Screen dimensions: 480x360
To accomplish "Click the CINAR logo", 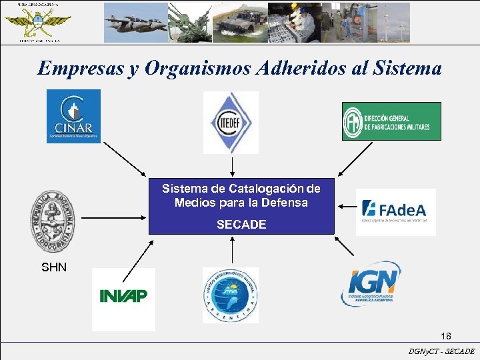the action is click(x=73, y=116).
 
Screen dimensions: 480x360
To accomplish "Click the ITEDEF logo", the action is click(x=231, y=123).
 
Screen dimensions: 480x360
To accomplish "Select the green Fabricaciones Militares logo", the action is click(x=391, y=121).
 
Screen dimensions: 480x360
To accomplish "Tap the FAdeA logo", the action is click(x=395, y=211).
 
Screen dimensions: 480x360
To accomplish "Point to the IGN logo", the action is click(x=371, y=284).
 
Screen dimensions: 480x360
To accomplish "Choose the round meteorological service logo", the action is click(x=230, y=295).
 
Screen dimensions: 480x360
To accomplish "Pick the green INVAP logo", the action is click(x=123, y=295).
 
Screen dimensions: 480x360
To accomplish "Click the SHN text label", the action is click(x=54, y=268).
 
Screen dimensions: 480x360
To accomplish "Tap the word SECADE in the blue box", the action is click(x=241, y=225).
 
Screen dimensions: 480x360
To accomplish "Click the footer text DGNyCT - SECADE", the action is click(x=441, y=351).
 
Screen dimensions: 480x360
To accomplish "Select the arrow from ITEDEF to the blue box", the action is click(x=231, y=164).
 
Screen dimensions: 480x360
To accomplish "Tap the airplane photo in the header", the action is click(x=135, y=23).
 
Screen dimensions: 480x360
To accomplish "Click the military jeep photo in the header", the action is click(x=240, y=23).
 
